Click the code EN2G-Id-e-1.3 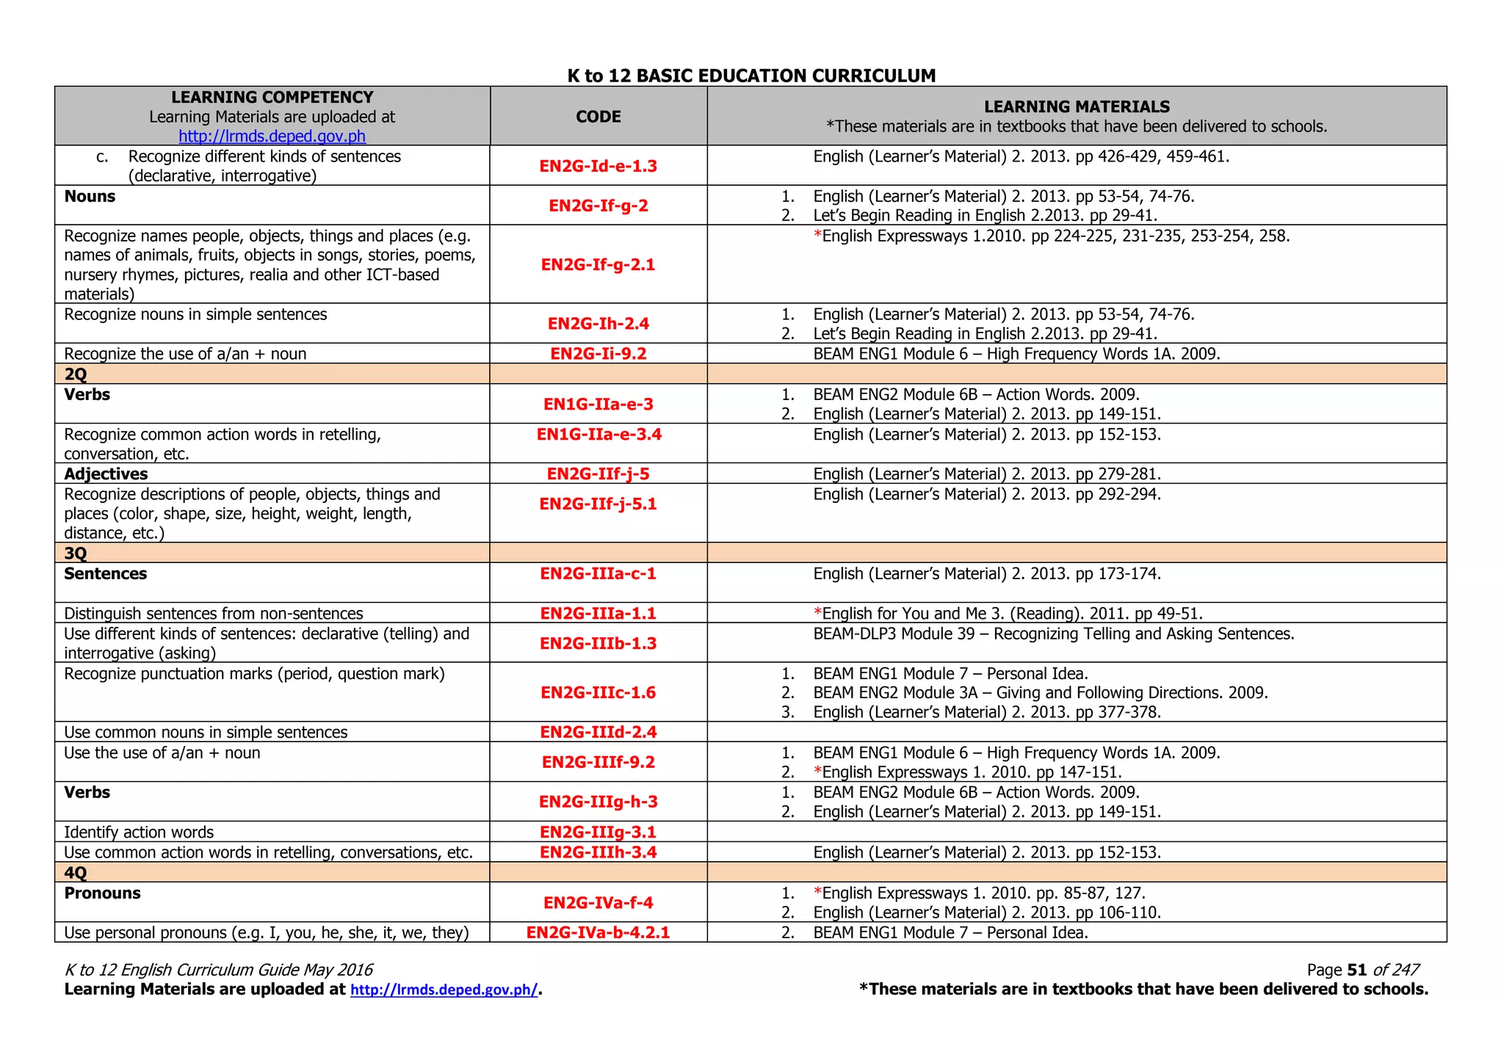pyautogui.click(x=598, y=166)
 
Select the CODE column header pyautogui.click(x=598, y=117)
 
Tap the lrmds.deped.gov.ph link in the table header pyautogui.click(x=272, y=137)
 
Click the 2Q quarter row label pyautogui.click(x=76, y=374)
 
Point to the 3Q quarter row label pyautogui.click(x=76, y=554)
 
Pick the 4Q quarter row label pyautogui.click(x=76, y=873)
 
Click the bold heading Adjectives pyautogui.click(x=106, y=474)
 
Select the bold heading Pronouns pyautogui.click(x=102, y=893)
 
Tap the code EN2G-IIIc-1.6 pyautogui.click(x=598, y=693)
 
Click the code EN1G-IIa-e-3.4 pyautogui.click(x=599, y=435)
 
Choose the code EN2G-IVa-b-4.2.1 pyautogui.click(x=598, y=933)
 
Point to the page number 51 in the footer pyautogui.click(x=1356, y=971)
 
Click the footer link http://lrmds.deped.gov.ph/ pyautogui.click(x=444, y=990)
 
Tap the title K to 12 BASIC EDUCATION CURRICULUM pyautogui.click(x=751, y=76)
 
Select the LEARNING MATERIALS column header pyautogui.click(x=1077, y=107)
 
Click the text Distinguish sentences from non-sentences pyautogui.click(x=214, y=614)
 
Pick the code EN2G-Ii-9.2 pyautogui.click(x=598, y=354)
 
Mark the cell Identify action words pyautogui.click(x=139, y=832)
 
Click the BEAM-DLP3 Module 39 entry pyautogui.click(x=1053, y=634)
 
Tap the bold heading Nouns pyautogui.click(x=90, y=197)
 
